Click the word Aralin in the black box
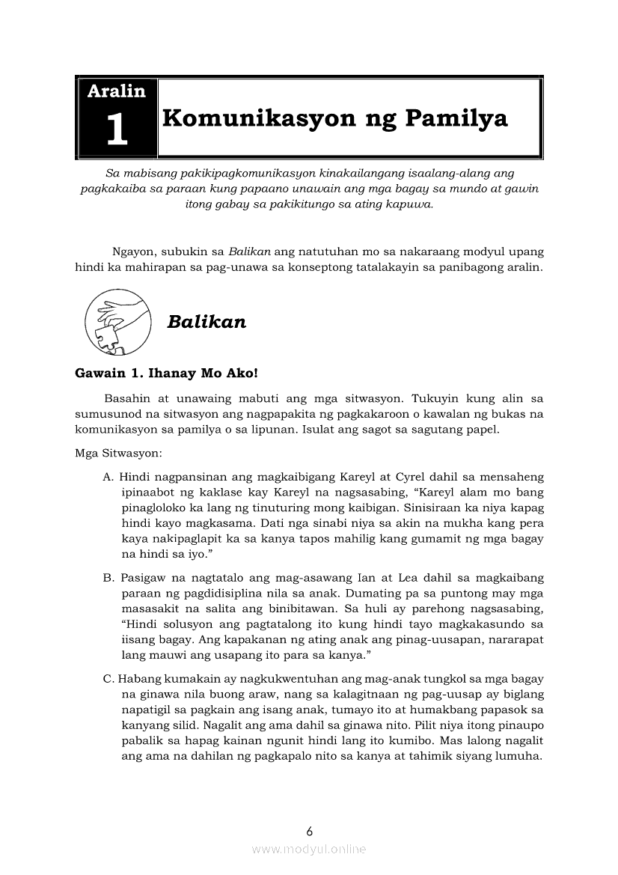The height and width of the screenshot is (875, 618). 116,91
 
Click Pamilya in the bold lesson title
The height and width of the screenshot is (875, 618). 456,118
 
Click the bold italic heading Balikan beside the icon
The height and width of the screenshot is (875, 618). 206,322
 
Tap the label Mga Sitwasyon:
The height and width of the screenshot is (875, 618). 113,453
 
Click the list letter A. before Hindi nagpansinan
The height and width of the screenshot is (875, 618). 108,477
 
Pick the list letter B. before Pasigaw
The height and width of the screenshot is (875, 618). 108,578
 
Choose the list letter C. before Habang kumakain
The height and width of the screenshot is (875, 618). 108,679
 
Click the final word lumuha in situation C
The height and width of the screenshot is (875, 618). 520,756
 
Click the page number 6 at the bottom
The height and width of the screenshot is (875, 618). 309,831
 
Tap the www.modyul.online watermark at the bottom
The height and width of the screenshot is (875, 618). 309,849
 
